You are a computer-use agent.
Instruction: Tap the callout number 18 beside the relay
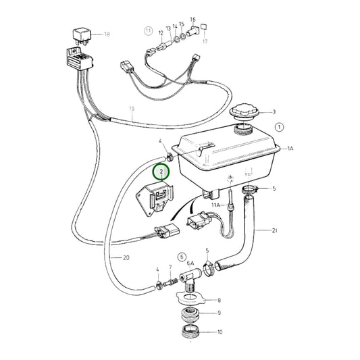pos(105,34)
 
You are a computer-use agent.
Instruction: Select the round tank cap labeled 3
pos(241,111)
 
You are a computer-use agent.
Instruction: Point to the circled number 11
pos(148,31)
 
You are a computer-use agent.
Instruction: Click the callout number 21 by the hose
pos(275,230)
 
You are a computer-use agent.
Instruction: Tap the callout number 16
pos(192,20)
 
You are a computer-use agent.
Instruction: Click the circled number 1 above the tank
pos(280,126)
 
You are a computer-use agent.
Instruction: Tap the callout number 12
pos(161,32)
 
